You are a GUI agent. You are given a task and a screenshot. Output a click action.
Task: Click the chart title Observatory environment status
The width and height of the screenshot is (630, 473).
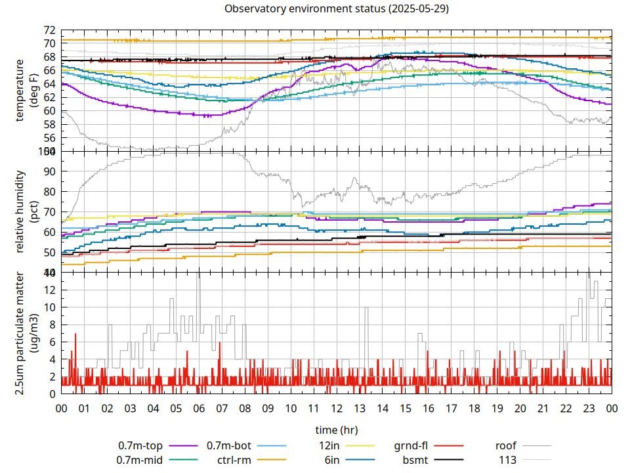point(336,9)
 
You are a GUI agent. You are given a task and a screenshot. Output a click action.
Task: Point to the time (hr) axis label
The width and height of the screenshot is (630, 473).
point(336,430)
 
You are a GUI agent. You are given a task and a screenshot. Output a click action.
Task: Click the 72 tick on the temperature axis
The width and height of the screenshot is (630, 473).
point(50,30)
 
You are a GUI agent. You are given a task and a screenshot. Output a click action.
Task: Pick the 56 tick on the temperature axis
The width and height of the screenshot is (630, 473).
point(50,138)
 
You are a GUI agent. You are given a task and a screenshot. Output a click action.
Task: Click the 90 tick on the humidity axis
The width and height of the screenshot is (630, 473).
point(50,171)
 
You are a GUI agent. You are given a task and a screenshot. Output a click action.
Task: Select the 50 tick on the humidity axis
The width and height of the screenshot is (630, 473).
point(50,252)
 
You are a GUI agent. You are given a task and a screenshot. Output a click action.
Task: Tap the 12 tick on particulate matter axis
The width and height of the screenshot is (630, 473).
point(50,290)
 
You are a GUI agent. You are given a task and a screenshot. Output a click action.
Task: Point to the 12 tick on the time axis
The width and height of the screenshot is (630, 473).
point(337,408)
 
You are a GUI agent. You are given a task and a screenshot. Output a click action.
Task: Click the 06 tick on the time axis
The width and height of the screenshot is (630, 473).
point(199,408)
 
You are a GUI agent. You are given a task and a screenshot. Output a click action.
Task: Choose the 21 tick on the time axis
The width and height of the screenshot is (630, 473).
point(543,408)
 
